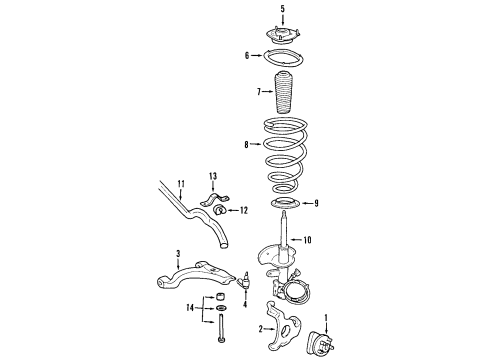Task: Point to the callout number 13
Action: (x=212, y=176)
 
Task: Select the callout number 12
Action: (x=242, y=210)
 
